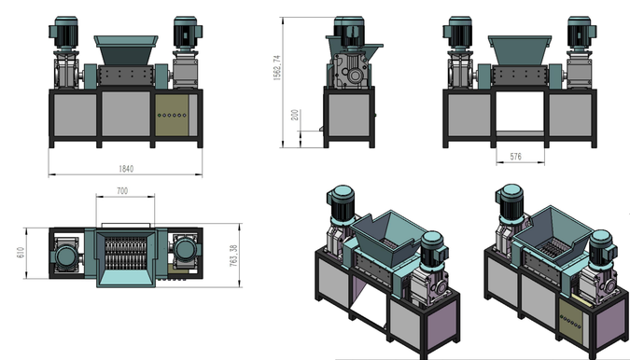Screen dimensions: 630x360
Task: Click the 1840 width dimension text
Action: click(126, 169)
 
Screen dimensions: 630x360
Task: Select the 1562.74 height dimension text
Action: click(277, 68)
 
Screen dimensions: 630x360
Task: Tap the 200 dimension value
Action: click(295, 115)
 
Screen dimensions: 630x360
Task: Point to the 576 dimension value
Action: click(515, 156)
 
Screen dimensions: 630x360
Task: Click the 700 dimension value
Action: click(122, 190)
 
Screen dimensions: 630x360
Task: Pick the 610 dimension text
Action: click(21, 253)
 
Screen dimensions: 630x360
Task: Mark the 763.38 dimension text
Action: click(233, 256)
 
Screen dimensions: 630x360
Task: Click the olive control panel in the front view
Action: click(172, 116)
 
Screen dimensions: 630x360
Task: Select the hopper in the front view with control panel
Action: click(126, 49)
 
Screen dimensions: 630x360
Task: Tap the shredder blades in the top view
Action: click(125, 253)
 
